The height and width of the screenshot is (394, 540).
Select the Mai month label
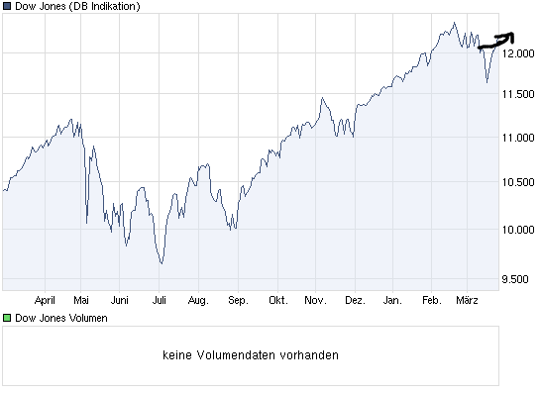tap(82, 299)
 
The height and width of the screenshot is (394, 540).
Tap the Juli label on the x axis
tap(160, 299)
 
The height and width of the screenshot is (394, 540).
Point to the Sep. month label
tap(237, 299)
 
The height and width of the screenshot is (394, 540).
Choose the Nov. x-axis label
tap(315, 299)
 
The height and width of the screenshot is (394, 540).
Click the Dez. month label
tap(354, 299)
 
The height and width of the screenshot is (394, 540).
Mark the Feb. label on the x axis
tap(431, 299)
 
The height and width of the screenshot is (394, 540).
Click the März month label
tap(467, 299)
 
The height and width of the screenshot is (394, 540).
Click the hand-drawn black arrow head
tap(509, 38)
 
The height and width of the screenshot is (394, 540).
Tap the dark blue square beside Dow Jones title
tap(8, 7)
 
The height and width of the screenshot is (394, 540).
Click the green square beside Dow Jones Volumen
tap(8, 318)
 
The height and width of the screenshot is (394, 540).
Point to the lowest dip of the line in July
tap(161, 263)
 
